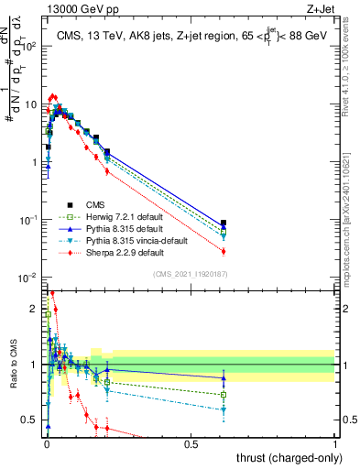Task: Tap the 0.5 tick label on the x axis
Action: (x=191, y=443)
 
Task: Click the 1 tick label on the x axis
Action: (x=336, y=443)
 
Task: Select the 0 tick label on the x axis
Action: (x=47, y=443)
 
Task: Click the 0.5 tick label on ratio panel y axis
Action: (x=30, y=420)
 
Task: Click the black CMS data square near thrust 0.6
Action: (x=224, y=223)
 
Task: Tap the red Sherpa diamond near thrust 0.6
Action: (x=224, y=251)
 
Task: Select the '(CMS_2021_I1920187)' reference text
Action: (x=190, y=274)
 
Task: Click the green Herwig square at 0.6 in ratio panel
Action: (x=224, y=395)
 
